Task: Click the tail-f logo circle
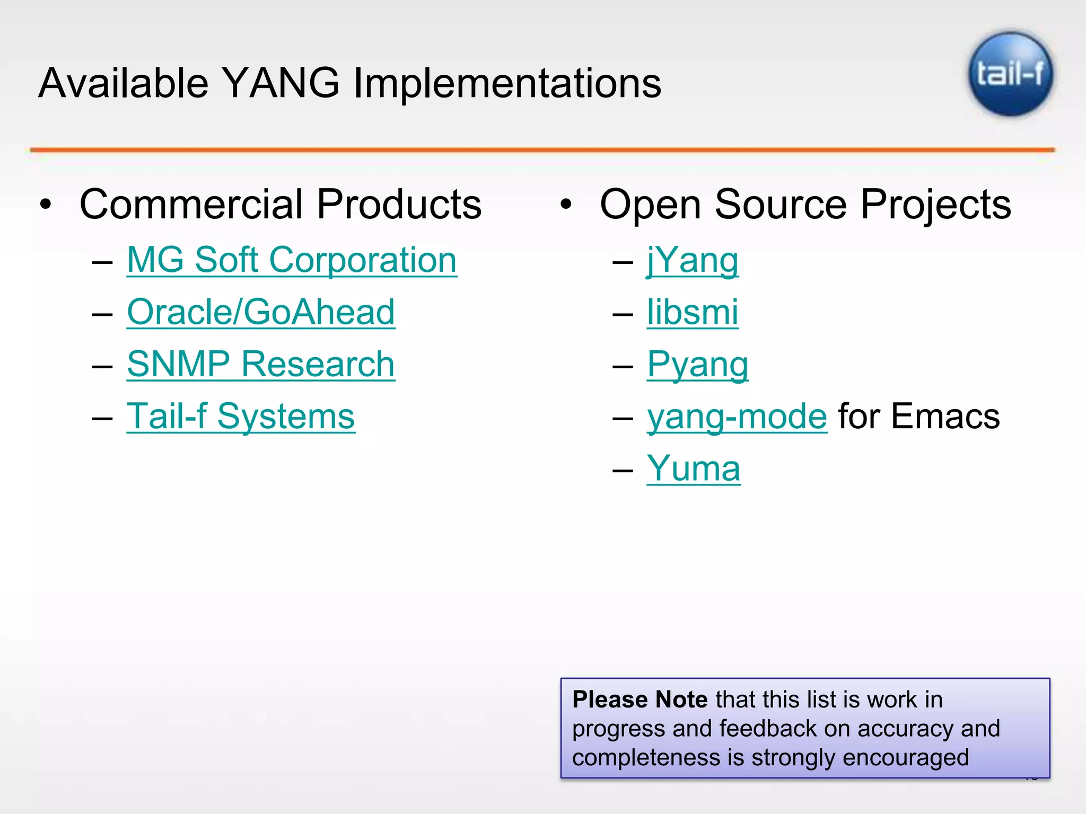coord(1011,74)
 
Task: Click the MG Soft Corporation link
coord(292,260)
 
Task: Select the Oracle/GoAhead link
coord(261,312)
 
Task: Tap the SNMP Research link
coord(261,365)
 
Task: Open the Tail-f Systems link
coord(241,417)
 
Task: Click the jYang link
coord(693,260)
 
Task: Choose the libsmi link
coord(693,312)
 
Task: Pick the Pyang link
coord(698,365)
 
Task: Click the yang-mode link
coord(737,417)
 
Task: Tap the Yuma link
coord(694,468)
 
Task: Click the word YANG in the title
coord(281,83)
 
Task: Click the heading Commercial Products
coord(281,205)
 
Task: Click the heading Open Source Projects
coord(805,205)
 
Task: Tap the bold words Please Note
coord(640,700)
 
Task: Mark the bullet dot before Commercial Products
coord(46,205)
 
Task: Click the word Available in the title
coord(124,83)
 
